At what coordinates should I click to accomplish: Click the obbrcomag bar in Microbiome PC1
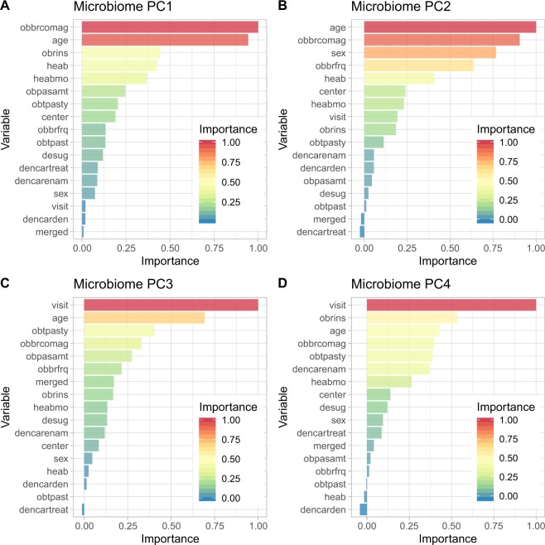tap(170, 27)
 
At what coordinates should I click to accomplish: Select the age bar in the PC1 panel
tap(165, 41)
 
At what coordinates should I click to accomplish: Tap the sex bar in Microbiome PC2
tap(430, 52)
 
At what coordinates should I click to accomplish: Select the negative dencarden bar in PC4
tap(363, 509)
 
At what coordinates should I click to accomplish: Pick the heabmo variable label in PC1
tap(61, 78)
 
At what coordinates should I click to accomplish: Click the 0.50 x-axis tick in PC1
tap(170, 248)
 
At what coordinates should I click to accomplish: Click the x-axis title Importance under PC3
tap(170, 539)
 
